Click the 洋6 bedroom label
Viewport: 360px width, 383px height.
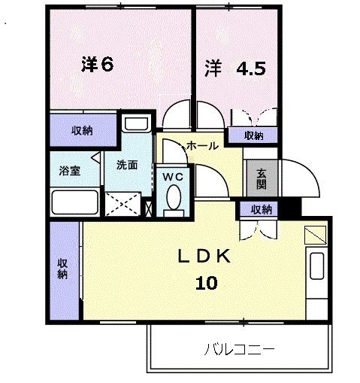pyautogui.click(x=97, y=65)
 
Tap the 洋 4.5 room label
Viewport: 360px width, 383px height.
pyautogui.click(x=235, y=68)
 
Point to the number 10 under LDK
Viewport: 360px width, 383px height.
pyautogui.click(x=207, y=283)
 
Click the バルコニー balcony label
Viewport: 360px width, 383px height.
pyautogui.click(x=239, y=349)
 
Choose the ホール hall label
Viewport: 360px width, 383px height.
pyautogui.click(x=202, y=145)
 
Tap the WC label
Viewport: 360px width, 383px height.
pyautogui.click(x=174, y=177)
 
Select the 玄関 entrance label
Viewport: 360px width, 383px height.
pyautogui.click(x=261, y=178)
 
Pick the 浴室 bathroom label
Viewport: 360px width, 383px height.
pyautogui.click(x=70, y=171)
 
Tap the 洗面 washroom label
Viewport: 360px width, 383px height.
pyautogui.click(x=126, y=165)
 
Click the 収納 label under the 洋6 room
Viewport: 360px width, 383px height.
pyautogui.click(x=82, y=131)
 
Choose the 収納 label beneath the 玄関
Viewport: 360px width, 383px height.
pyautogui.click(x=261, y=209)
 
